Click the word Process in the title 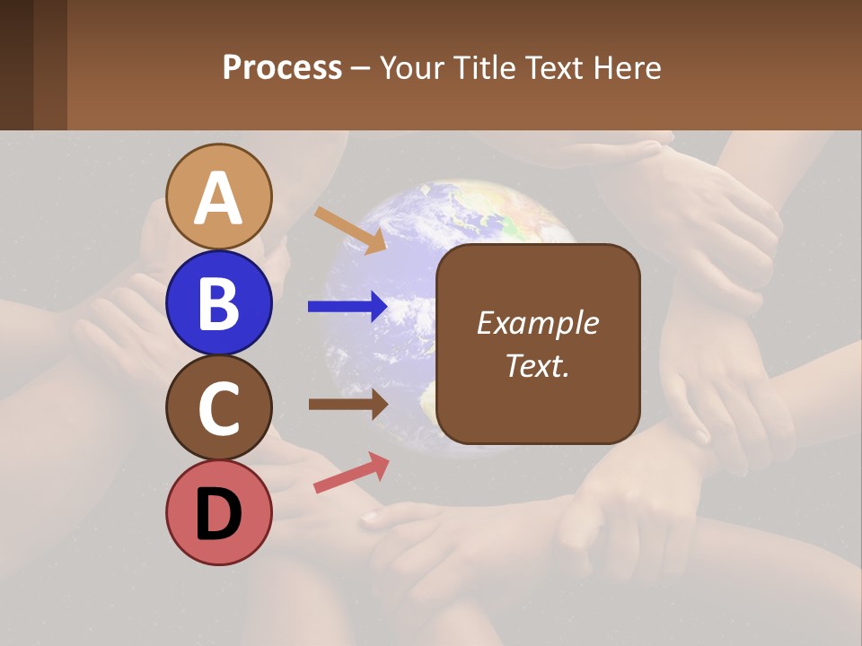click(x=282, y=68)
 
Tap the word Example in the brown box click(x=537, y=323)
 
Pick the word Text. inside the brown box click(x=537, y=366)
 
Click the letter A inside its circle click(x=219, y=199)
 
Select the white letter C click(x=219, y=409)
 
